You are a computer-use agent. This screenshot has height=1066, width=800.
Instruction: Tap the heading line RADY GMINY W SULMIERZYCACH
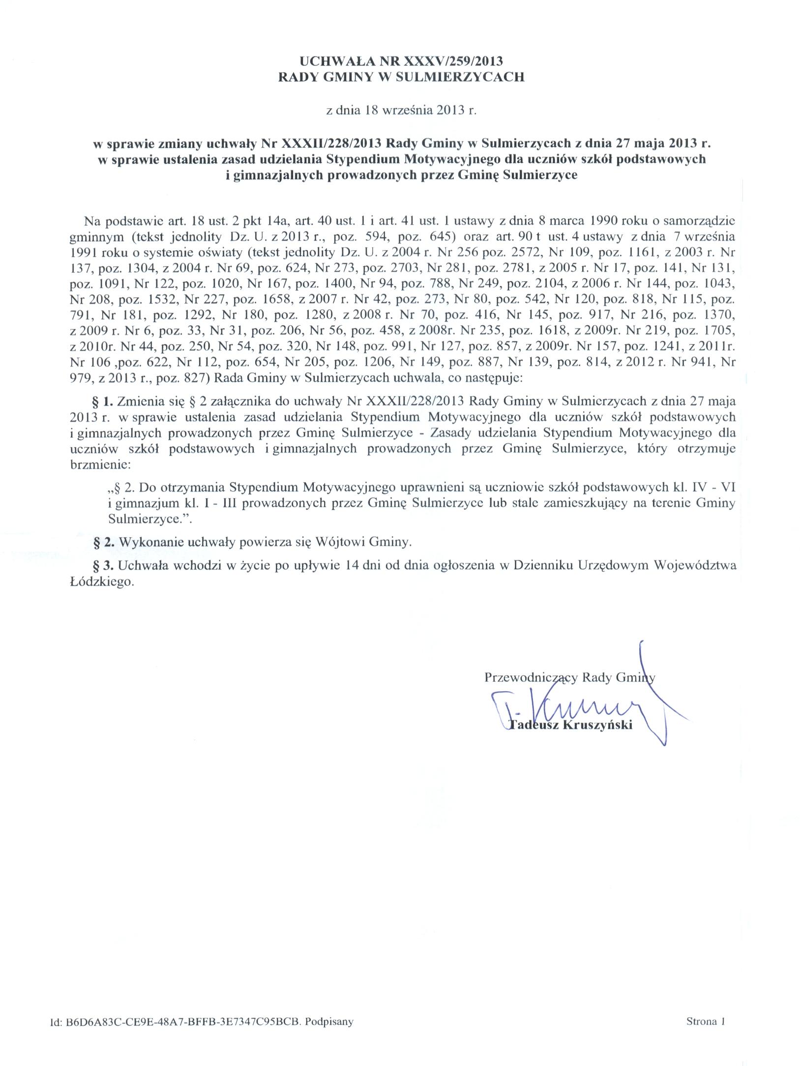pos(401,77)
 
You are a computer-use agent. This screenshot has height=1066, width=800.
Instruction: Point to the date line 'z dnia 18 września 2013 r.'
pos(401,110)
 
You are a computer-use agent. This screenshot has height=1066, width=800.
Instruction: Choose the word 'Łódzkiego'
pos(100,581)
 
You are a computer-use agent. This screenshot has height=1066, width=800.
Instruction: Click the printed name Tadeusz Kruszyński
pos(570,725)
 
